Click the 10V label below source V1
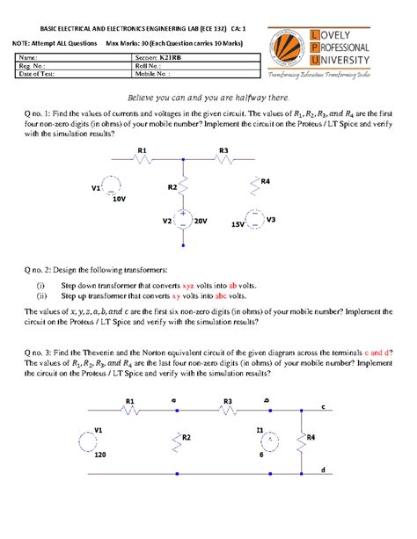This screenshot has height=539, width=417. [119, 200]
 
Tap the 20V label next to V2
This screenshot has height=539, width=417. [200, 222]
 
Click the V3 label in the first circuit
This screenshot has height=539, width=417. [271, 218]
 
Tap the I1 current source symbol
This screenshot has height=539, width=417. [272, 439]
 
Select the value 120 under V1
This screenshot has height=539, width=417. [99, 457]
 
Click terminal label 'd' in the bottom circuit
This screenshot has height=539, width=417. [323, 470]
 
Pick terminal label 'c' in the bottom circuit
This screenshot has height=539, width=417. [323, 407]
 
